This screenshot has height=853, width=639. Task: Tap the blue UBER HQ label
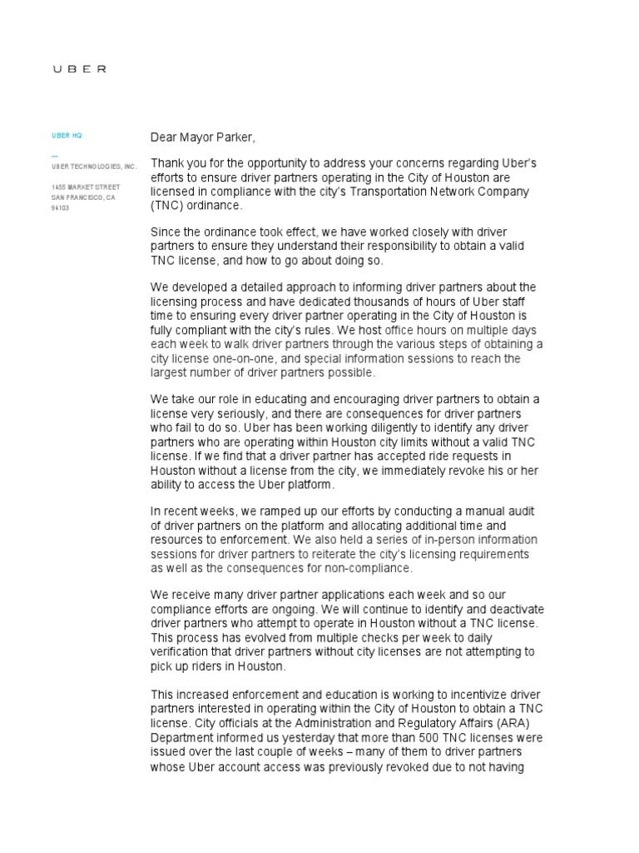[x=67, y=135]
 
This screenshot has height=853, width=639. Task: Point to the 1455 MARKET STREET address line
[x=86, y=187]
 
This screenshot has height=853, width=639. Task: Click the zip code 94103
[x=61, y=208]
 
